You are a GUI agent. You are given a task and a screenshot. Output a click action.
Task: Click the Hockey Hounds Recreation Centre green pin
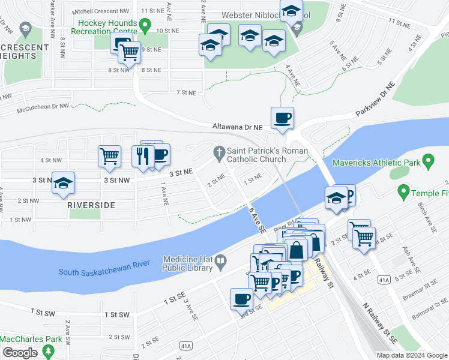pyautogui.click(x=144, y=25)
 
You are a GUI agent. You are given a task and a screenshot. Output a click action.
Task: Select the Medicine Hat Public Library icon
pyautogui.click(x=220, y=261)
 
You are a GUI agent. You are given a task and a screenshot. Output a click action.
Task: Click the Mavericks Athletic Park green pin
pyautogui.click(x=428, y=161)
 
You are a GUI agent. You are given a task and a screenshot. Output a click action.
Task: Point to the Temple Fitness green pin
pyautogui.click(x=403, y=193)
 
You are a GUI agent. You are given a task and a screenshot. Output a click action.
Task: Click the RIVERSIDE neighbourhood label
pyautogui.click(x=91, y=205)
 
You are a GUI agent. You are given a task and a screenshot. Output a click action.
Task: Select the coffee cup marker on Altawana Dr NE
pyautogui.click(x=282, y=118)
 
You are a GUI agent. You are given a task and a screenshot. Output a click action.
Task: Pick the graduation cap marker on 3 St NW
pyautogui.click(x=62, y=184)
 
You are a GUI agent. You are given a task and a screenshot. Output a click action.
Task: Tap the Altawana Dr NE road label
pyautogui.click(x=238, y=127)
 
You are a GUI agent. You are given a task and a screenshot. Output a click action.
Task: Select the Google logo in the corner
pyautogui.click(x=20, y=353)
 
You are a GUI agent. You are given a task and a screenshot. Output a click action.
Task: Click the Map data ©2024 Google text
pyautogui.click(x=412, y=355)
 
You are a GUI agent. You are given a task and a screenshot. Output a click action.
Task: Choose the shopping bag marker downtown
pyautogui.click(x=297, y=250)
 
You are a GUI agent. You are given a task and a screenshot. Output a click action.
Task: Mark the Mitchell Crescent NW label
pyautogui.click(x=101, y=11)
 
